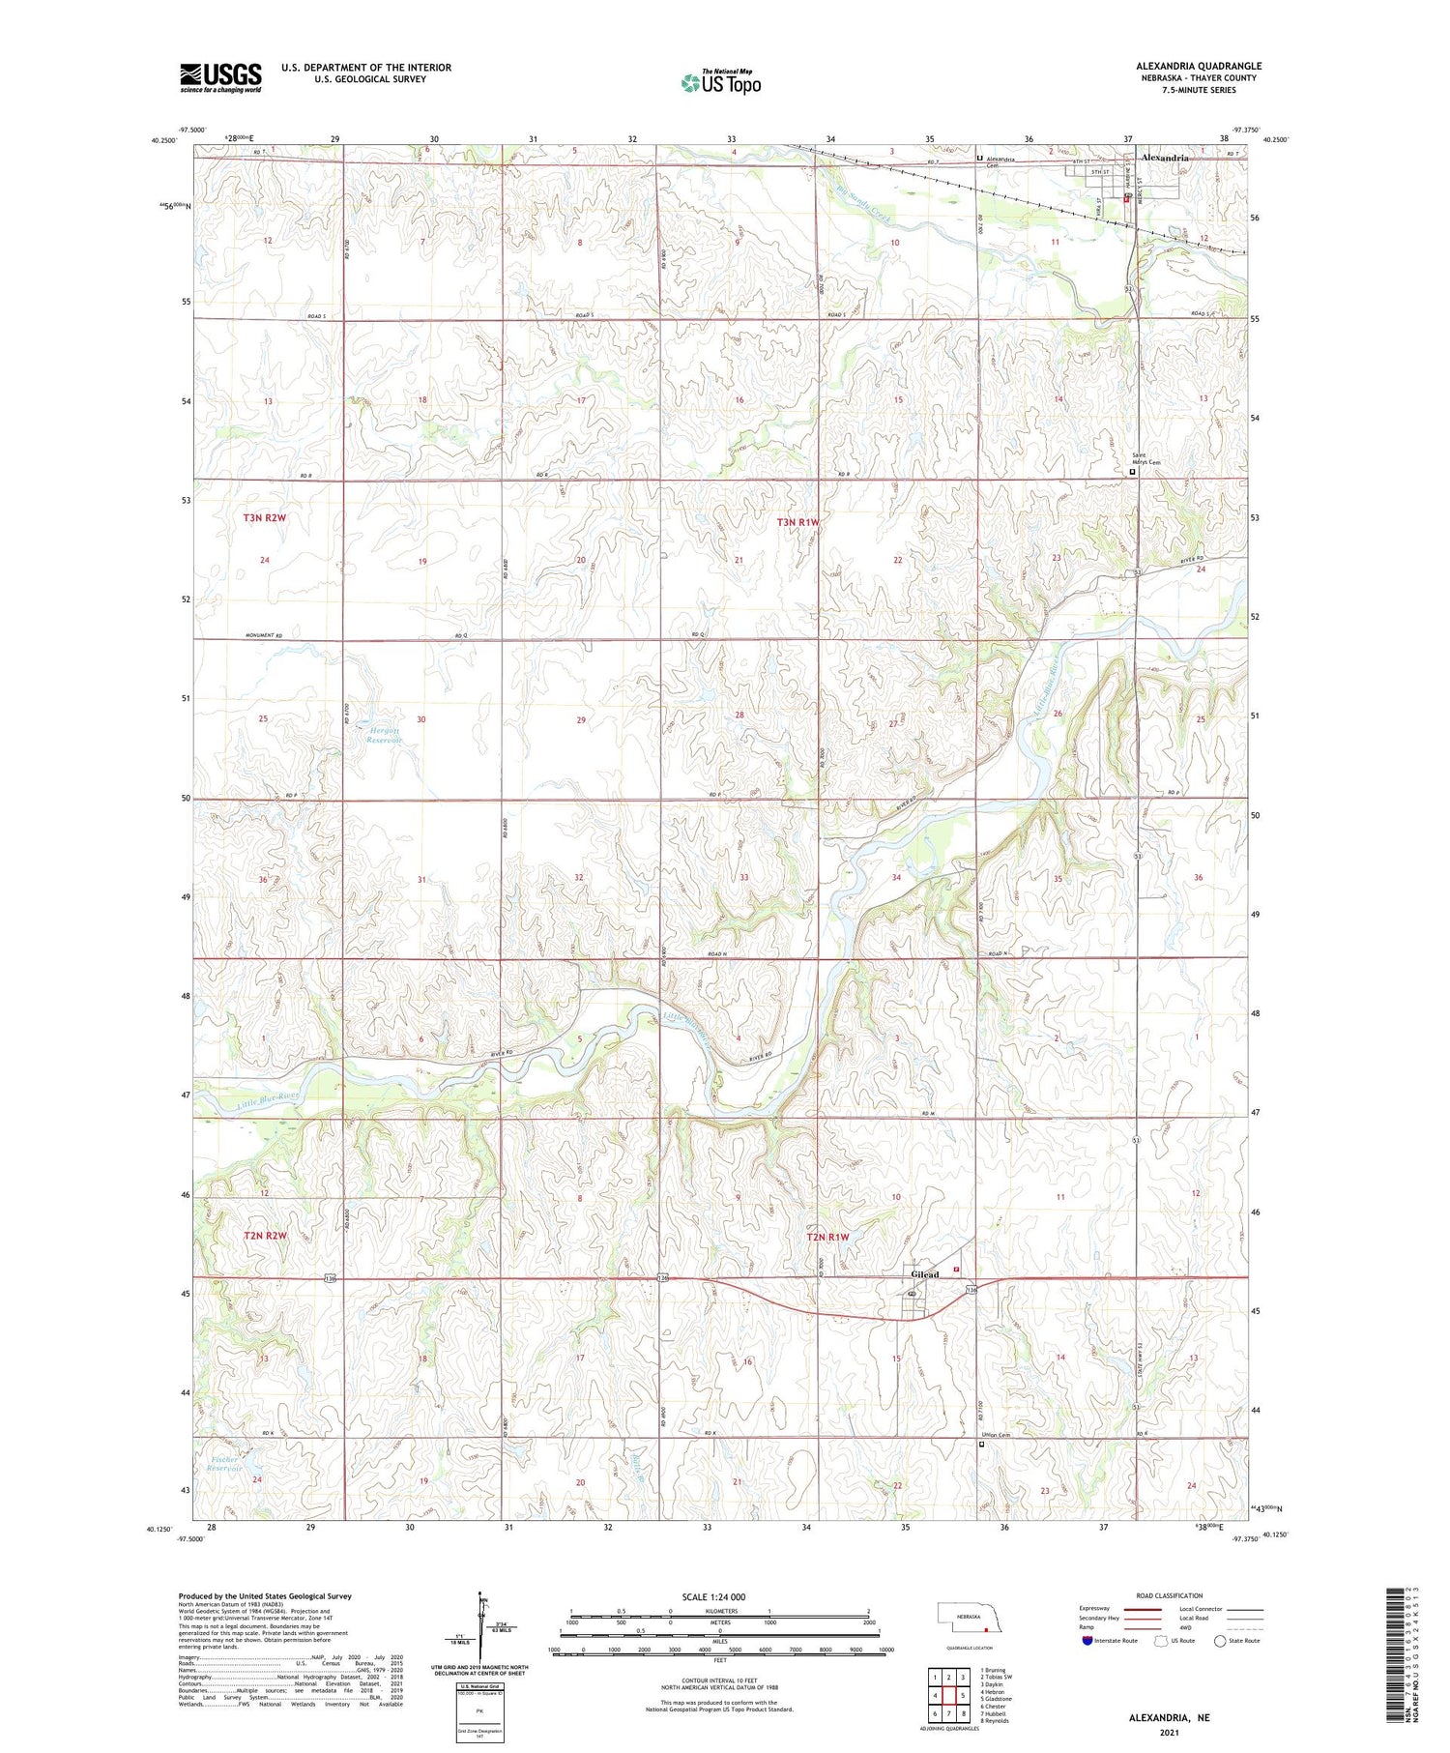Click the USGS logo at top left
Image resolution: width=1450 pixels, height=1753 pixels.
point(220,77)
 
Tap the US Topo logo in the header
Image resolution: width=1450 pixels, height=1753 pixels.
point(720,83)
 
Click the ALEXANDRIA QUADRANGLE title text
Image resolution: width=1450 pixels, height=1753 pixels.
point(1199,66)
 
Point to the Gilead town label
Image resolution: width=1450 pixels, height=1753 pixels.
point(924,1274)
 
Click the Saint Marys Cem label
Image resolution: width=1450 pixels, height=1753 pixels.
point(1145,460)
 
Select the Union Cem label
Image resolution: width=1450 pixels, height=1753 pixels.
point(1000,1435)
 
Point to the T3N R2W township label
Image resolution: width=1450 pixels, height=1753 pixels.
point(265,518)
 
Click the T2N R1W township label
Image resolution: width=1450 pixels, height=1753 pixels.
point(829,1237)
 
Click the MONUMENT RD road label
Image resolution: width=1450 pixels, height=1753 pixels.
point(263,635)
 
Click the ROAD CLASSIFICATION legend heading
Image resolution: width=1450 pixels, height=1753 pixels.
point(1170,1595)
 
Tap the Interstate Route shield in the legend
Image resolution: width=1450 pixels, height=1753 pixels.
point(1087,1641)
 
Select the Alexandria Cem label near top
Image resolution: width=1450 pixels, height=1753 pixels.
point(1005,161)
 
